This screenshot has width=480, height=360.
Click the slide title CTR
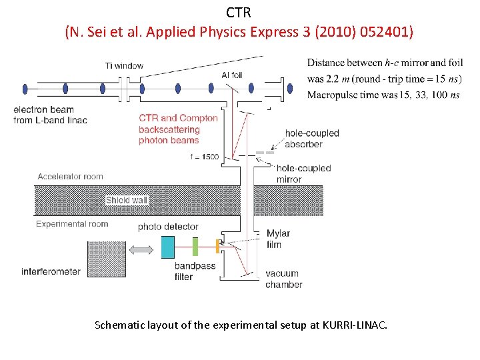tap(239, 13)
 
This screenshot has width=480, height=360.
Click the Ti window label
tap(124, 65)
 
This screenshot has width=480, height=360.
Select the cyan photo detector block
tap(167, 247)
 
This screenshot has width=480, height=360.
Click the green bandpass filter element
tap(195, 247)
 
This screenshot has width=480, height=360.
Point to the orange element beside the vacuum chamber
tap(217, 246)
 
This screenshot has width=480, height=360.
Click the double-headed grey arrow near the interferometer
tap(141, 250)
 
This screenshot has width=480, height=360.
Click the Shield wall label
tap(127, 200)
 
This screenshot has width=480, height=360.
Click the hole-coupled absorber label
tap(312, 139)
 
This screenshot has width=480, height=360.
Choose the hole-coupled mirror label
tap(303, 173)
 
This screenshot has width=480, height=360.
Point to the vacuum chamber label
tap(283, 279)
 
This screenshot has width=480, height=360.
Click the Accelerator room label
tap(71, 177)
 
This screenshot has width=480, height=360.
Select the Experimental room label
tap(72, 224)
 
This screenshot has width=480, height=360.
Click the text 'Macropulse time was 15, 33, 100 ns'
tap(383, 95)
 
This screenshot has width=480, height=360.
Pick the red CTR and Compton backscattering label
tap(178, 129)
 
